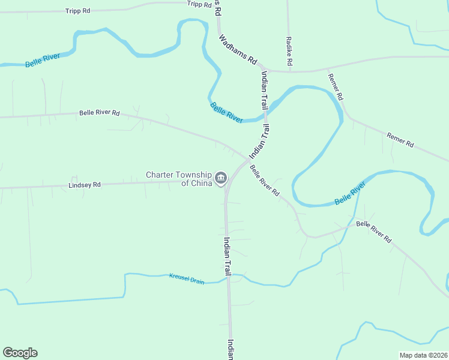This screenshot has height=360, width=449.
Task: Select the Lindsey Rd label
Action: point(85,185)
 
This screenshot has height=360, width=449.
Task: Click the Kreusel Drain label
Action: point(187,278)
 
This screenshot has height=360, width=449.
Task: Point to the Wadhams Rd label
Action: point(238,49)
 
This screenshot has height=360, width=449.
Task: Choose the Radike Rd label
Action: point(289,51)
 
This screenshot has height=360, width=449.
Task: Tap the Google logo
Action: point(20,353)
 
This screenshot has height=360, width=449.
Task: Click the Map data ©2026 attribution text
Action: point(423,355)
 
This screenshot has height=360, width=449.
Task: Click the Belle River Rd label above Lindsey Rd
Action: point(100,113)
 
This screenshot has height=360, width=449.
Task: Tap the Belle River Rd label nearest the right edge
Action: point(373,232)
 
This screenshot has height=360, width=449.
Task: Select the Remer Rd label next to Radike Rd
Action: point(336,86)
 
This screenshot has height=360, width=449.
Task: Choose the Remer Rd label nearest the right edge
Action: point(400,140)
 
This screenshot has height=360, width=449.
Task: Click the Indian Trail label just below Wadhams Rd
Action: point(265,90)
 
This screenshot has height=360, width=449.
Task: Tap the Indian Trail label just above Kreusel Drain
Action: point(228,256)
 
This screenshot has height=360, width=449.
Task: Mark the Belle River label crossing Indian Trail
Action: point(226,112)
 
